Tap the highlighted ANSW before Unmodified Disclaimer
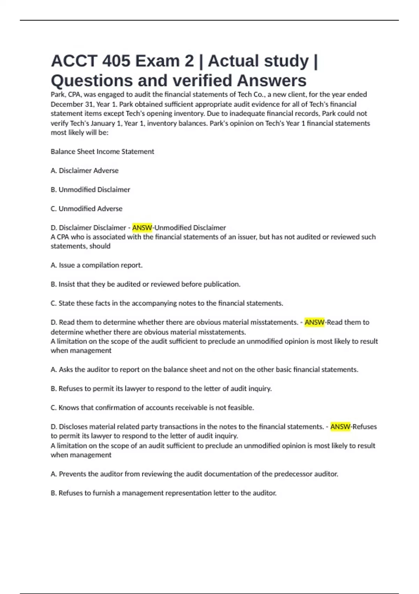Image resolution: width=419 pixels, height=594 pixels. tap(142, 228)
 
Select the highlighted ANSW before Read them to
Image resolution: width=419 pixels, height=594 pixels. tap(314, 322)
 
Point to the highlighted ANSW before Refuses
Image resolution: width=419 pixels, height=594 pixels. tap(340, 427)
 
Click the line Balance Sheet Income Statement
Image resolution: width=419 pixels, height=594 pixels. tap(102, 152)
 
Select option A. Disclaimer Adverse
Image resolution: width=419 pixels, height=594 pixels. tap(84, 171)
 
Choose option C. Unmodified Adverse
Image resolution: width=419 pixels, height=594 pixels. tap(87, 209)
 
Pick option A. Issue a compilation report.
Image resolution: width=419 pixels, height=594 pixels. tap(96, 265)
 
